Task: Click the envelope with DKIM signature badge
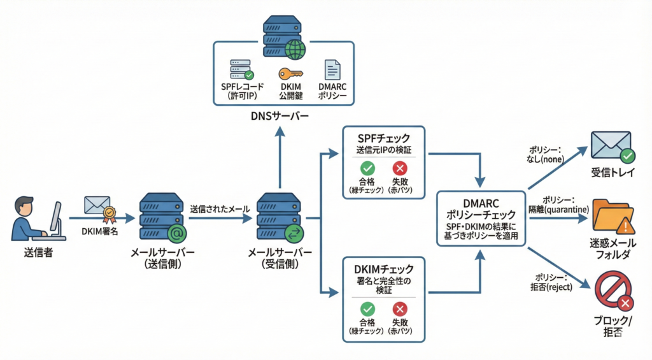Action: click(97, 208)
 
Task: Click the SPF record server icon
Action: click(241, 69)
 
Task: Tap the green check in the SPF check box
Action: click(367, 168)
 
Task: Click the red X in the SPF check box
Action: click(400, 168)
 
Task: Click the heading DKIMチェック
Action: click(384, 269)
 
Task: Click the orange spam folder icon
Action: click(612, 217)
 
